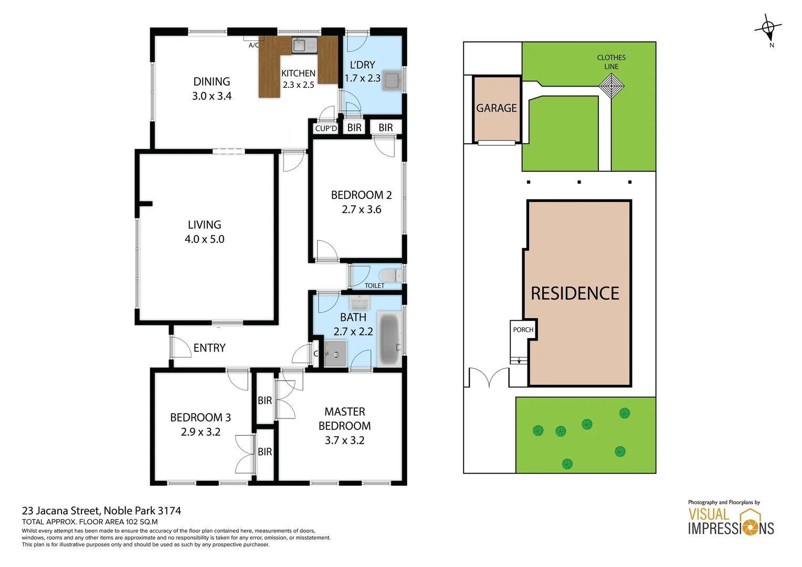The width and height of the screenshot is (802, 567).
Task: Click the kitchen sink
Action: click(304, 45)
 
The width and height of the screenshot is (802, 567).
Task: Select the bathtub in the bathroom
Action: click(389, 339)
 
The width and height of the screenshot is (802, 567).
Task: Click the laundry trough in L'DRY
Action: click(392, 81)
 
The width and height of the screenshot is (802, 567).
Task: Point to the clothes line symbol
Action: click(611, 86)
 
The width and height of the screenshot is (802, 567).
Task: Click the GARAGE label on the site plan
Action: click(497, 108)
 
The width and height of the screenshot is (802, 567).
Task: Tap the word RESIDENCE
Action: click(575, 293)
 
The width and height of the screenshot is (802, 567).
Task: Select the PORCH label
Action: click(523, 330)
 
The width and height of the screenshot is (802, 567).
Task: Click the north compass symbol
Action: click(768, 28)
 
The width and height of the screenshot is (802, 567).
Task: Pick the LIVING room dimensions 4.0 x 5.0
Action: click(204, 239)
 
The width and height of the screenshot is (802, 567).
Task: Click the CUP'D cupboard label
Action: click(326, 128)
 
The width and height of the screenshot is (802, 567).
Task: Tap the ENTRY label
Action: click(209, 348)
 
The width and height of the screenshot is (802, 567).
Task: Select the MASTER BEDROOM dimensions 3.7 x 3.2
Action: click(344, 440)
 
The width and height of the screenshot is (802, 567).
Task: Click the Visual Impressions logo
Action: click(731, 521)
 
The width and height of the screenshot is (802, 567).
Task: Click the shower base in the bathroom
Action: click(335, 354)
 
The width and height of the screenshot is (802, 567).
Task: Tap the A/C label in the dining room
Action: click(254, 45)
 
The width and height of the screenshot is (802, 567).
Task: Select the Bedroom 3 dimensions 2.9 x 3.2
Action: click(201, 432)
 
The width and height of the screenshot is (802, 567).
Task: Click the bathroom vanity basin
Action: click(360, 302)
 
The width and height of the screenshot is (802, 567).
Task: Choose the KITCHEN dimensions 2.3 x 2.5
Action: click(298, 85)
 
